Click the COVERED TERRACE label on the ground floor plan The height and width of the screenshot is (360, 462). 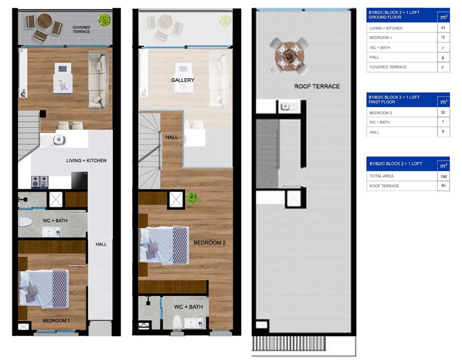click(81, 29)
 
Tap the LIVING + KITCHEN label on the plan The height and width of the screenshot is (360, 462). click(86, 161)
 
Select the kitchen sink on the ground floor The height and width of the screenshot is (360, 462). click(59, 139)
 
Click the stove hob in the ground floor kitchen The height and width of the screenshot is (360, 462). click(40, 182)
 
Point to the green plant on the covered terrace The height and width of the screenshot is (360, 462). click(104, 20)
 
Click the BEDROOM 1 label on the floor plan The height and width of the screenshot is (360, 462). click(56, 320)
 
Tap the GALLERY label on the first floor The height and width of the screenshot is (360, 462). click(182, 80)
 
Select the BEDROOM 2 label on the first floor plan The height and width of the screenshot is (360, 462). click(210, 243)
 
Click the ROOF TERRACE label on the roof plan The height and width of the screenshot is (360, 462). click(317, 86)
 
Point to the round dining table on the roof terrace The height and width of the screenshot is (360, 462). click(289, 55)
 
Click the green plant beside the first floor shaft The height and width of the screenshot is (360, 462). click(193, 198)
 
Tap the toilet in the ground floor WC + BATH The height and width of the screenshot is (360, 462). click(25, 222)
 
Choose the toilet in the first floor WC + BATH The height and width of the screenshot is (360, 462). click(177, 322)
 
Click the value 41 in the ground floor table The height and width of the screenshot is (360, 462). click(443, 28)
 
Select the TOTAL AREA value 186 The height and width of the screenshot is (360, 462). click(444, 176)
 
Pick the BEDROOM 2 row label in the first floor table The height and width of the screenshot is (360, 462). click(381, 113)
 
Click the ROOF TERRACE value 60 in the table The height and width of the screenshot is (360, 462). click(444, 185)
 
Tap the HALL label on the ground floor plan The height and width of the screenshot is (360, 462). click(101, 244)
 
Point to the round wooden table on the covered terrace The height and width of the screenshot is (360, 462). click(45, 21)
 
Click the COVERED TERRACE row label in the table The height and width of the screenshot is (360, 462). click(388, 67)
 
